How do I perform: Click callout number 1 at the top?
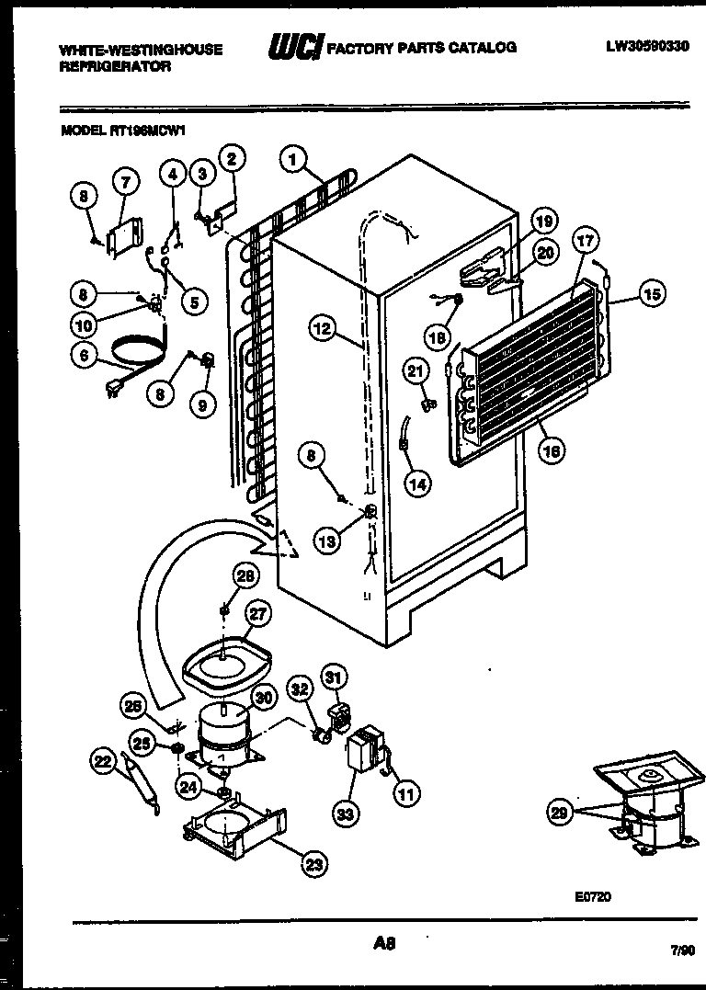(293, 159)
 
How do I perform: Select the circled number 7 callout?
(125, 183)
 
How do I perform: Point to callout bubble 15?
(651, 294)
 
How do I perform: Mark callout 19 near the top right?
(543, 221)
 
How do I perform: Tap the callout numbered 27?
(257, 614)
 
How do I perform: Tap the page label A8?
(384, 942)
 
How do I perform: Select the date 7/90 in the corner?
(682, 954)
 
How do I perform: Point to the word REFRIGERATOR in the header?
(115, 67)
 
